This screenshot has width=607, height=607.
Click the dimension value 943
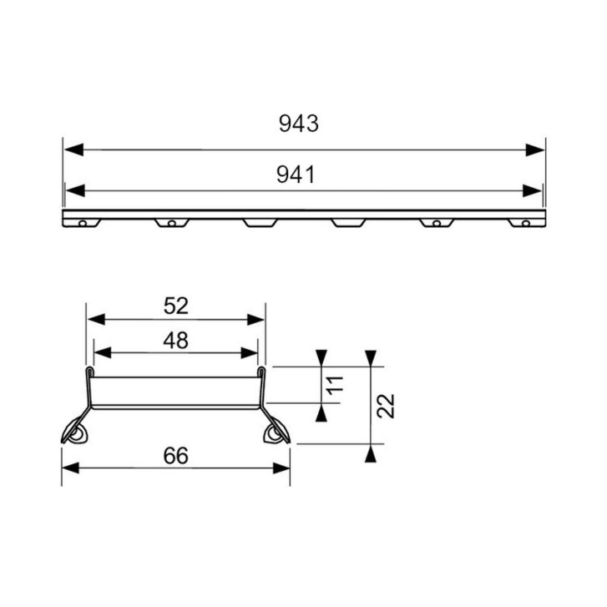pos(298,124)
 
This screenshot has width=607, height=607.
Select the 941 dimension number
pos(296,175)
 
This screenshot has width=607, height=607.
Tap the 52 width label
pos(175,306)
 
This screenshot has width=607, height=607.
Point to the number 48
pos(175,341)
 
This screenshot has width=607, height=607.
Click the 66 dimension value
pos(175,456)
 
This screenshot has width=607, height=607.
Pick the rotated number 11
pos(336,385)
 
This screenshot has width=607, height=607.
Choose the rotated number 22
pos(386,406)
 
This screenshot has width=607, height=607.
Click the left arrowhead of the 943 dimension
pos(73,149)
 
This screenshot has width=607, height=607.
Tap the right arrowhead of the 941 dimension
pos(532,191)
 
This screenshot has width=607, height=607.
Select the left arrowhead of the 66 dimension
pos(70,468)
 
